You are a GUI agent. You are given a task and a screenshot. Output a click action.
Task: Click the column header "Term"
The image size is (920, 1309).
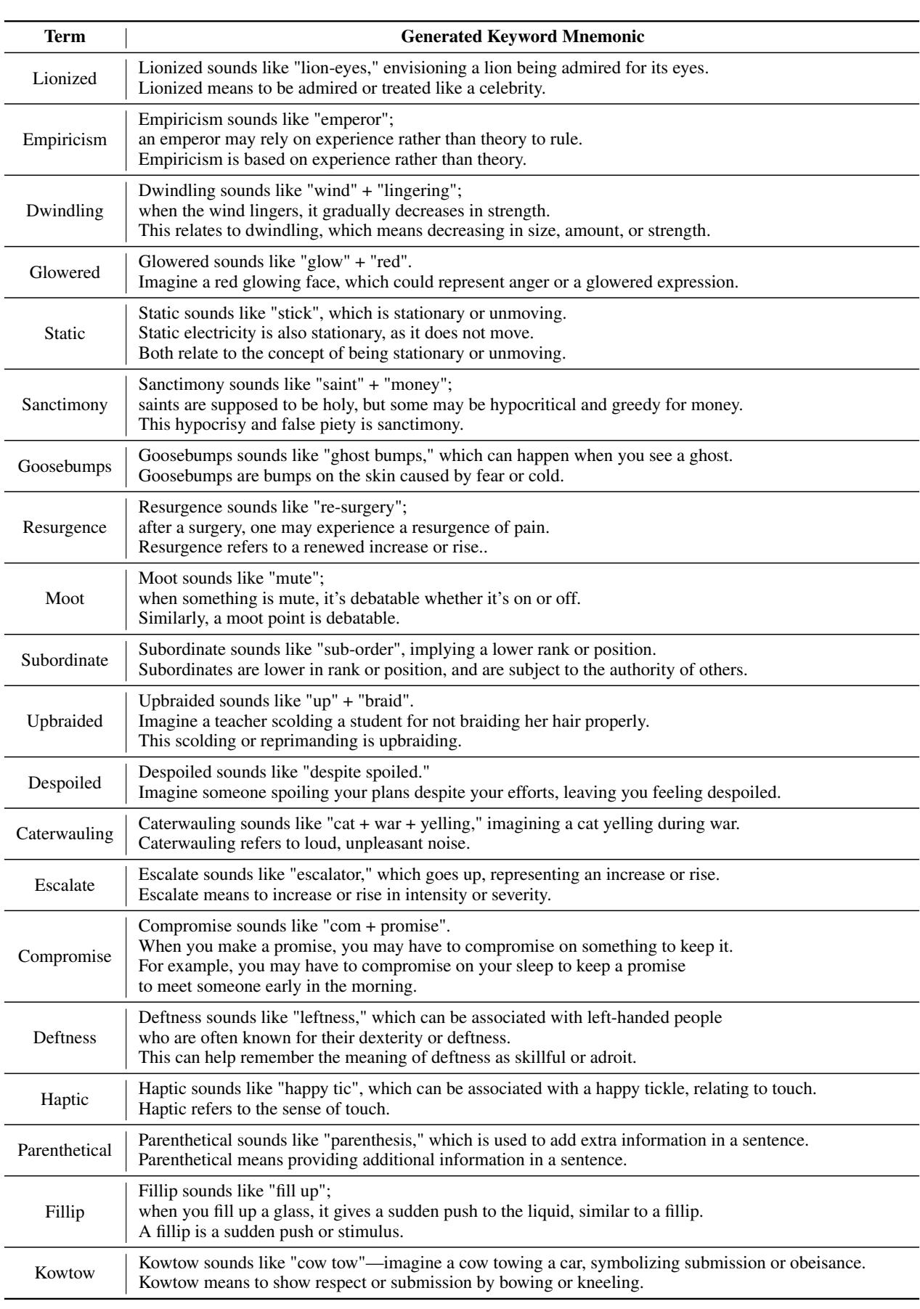[x=65, y=36]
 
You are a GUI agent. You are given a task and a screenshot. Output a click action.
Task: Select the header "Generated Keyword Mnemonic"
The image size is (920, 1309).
[x=522, y=36]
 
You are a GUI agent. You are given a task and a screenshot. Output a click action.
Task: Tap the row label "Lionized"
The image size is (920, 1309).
[x=65, y=78]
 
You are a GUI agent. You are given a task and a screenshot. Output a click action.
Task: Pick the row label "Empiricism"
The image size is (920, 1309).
[x=65, y=139]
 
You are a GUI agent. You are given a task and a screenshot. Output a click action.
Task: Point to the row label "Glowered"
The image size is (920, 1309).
[x=65, y=272]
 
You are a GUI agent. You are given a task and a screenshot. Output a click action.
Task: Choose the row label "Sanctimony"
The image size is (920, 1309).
[x=65, y=404]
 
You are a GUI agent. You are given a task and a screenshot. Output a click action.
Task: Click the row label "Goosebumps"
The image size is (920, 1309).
[x=65, y=466]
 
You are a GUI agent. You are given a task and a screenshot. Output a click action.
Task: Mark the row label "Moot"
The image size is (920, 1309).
[x=65, y=598]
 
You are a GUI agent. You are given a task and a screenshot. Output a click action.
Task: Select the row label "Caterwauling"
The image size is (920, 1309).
[x=65, y=833]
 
